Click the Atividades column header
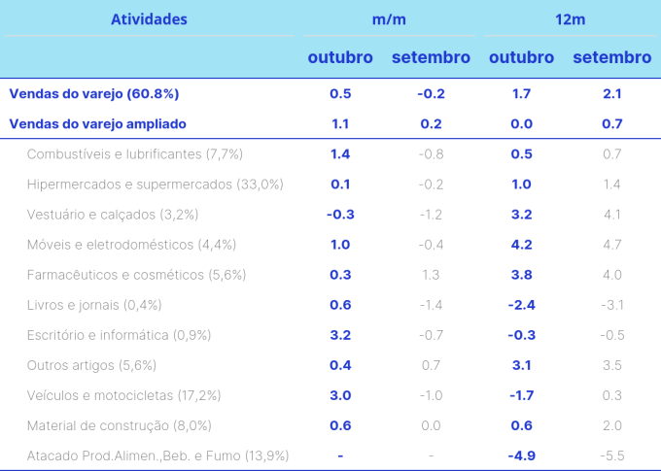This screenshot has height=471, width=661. click(x=149, y=19)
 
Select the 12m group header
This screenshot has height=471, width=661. click(x=570, y=19)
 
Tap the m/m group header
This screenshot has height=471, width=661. click(x=389, y=19)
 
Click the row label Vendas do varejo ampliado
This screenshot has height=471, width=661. click(x=97, y=124)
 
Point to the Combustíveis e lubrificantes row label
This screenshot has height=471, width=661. click(x=135, y=154)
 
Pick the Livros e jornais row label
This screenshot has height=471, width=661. click(x=94, y=305)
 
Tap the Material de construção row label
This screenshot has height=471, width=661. click(x=120, y=425)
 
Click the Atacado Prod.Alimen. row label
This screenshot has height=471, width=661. click(x=158, y=455)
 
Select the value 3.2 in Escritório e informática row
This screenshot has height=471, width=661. click(x=340, y=335)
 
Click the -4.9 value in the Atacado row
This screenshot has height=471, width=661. click(x=521, y=455)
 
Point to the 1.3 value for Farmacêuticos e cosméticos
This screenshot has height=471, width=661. click(x=431, y=275)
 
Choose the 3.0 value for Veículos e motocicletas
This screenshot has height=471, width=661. click(x=340, y=395)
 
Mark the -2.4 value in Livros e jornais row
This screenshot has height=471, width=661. click(x=521, y=305)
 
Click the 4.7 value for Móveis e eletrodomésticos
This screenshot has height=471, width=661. click(x=612, y=245)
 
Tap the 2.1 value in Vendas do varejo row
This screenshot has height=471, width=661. click(x=612, y=94)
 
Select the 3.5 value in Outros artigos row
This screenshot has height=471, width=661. click(x=612, y=365)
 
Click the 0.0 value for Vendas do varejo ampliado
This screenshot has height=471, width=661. click(x=521, y=124)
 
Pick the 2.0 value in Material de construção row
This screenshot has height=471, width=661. click(x=612, y=425)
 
